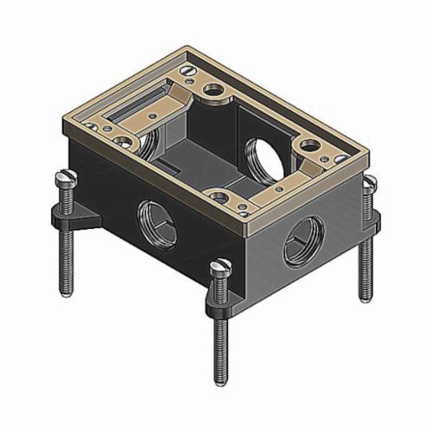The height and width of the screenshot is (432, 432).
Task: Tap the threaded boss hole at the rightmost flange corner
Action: click(x=308, y=145)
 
